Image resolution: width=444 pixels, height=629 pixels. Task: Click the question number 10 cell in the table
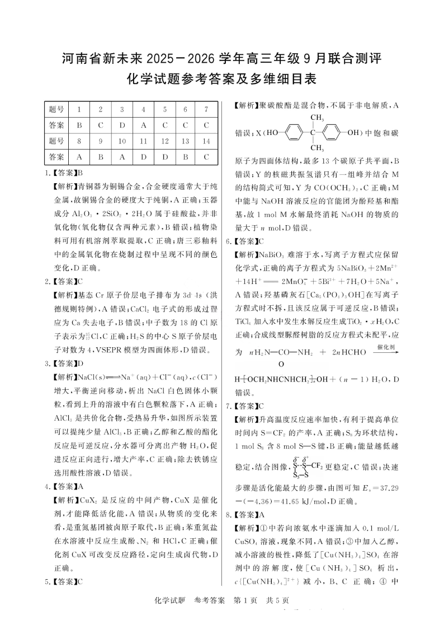pos(121,141)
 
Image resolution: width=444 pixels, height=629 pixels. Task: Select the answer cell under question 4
pos(143,125)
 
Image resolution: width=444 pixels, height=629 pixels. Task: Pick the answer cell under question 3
pos(121,125)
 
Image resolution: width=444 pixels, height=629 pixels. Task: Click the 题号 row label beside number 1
pos(56,109)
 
